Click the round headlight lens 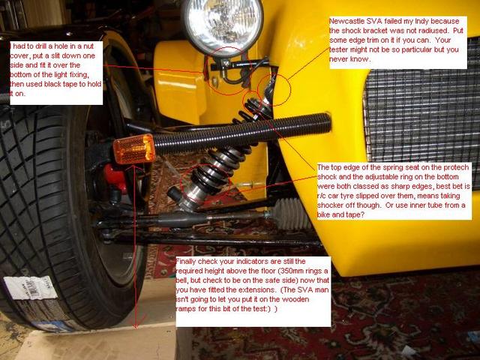223,25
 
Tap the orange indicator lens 134,149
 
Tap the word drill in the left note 38,46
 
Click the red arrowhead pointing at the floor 135,324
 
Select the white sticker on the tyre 30,288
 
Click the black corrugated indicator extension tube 241,132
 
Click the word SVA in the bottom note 304,290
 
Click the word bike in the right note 323,215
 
